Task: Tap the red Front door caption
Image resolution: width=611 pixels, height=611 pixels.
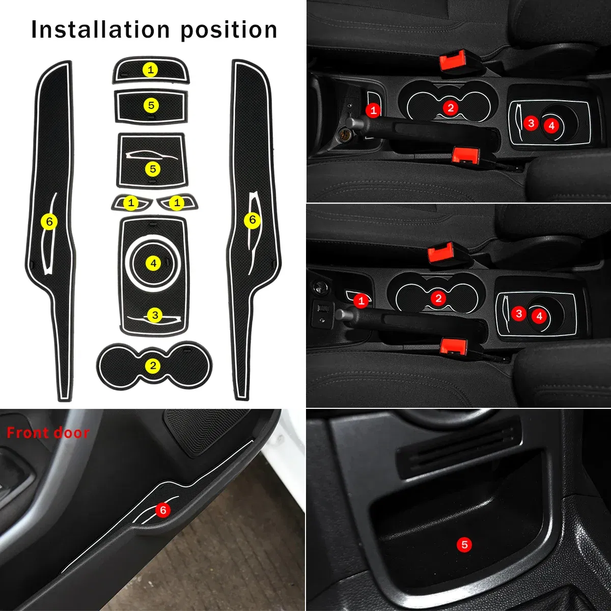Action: (48, 433)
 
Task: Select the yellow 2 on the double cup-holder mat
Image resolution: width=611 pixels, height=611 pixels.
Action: (153, 366)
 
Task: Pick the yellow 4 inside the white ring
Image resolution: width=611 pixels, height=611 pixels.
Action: (153, 263)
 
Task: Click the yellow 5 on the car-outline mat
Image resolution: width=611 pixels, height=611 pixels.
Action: (152, 169)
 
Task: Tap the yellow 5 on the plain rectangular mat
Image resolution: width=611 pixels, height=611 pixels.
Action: (151, 105)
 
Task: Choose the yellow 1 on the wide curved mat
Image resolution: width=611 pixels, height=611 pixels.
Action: (150, 70)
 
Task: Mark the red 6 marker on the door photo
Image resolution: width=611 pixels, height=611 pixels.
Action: (162, 510)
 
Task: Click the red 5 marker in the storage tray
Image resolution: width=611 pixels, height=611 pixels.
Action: (464, 544)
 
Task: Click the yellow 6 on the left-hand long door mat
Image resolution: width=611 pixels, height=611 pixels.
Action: (49, 221)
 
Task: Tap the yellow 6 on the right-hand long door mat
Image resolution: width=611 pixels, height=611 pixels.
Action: (252, 220)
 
